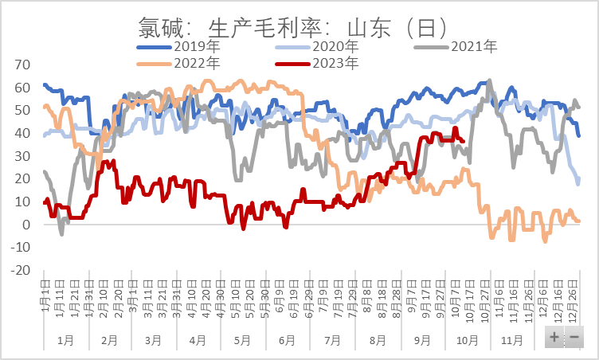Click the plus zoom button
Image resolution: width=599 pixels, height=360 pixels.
(554, 337)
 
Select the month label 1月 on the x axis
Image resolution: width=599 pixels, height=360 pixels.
(65, 340)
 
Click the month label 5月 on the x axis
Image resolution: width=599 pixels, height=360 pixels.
(243, 340)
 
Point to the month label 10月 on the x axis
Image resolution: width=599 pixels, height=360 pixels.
(468, 340)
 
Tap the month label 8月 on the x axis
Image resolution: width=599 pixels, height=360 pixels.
(378, 340)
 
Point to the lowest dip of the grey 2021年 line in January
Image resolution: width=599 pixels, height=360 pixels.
(61, 233)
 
